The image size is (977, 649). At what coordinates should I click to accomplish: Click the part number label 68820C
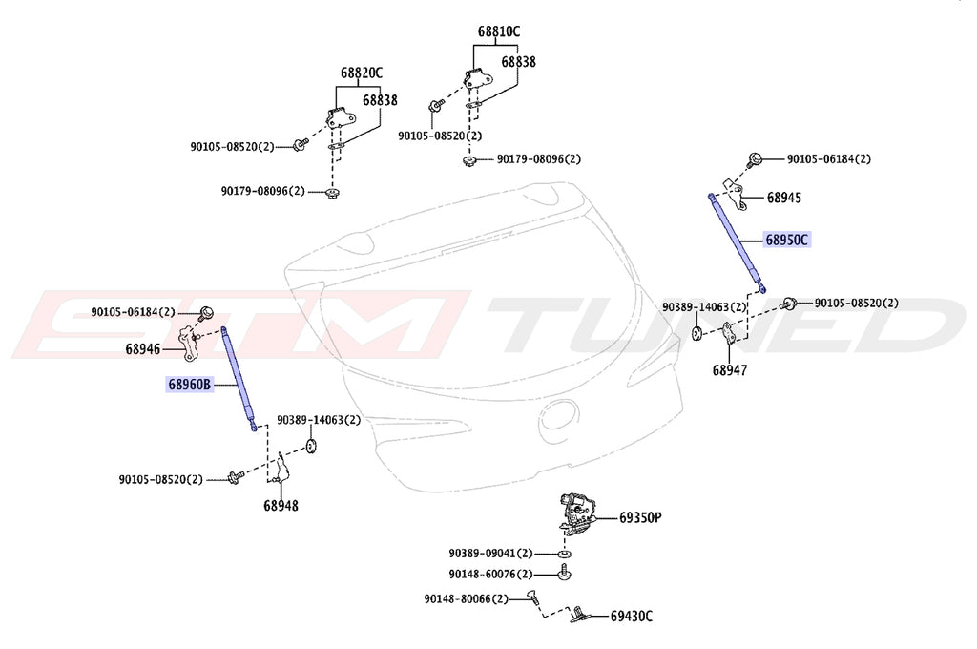[362, 73]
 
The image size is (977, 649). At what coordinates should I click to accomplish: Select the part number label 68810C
[499, 31]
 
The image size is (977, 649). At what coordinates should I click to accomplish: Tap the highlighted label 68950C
[786, 240]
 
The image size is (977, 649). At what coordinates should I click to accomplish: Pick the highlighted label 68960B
[189, 386]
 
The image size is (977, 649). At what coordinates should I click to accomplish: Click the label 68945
[783, 199]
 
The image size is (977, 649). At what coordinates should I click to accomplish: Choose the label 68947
[729, 368]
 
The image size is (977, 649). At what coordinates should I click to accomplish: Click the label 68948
[281, 505]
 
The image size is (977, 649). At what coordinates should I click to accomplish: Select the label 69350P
[640, 518]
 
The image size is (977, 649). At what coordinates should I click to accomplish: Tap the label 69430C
[632, 616]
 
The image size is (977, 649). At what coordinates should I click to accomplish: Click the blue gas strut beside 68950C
[736, 240]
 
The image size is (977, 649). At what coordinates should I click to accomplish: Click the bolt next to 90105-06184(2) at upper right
[754, 158]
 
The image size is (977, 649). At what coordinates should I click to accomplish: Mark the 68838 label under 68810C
[518, 61]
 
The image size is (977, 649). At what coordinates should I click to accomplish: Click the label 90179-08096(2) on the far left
[262, 191]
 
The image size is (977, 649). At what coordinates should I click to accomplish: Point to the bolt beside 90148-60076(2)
[566, 575]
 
